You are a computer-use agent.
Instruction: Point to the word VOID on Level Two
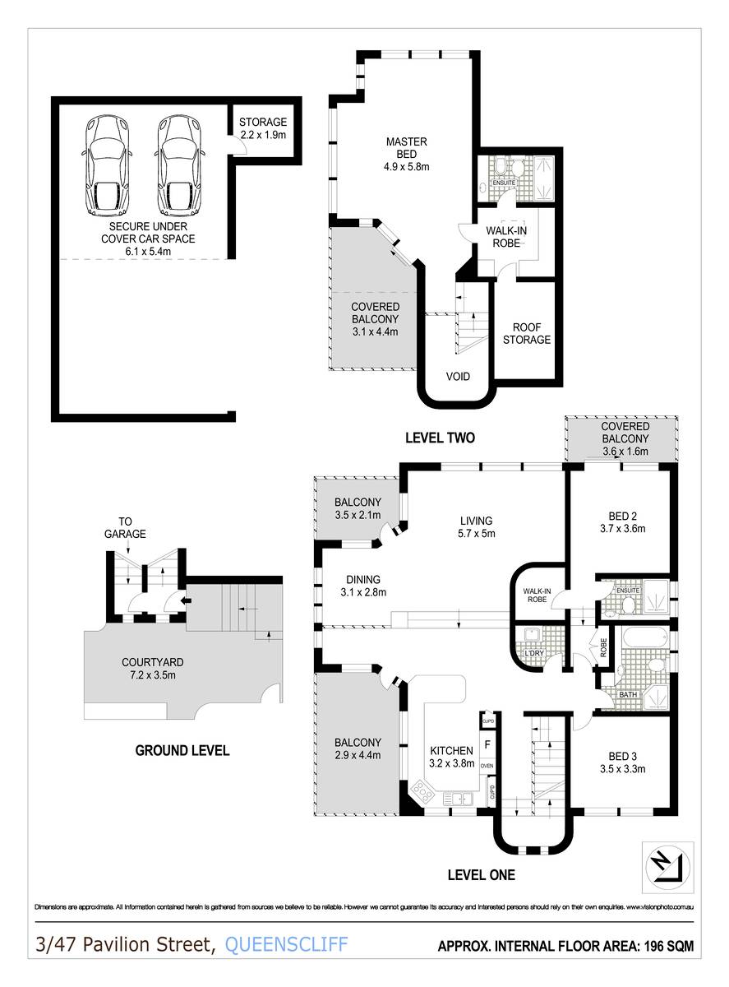[458, 377]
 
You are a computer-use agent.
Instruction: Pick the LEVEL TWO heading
[440, 438]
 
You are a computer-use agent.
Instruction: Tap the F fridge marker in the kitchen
[487, 745]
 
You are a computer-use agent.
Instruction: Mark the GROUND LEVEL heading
[182, 750]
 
